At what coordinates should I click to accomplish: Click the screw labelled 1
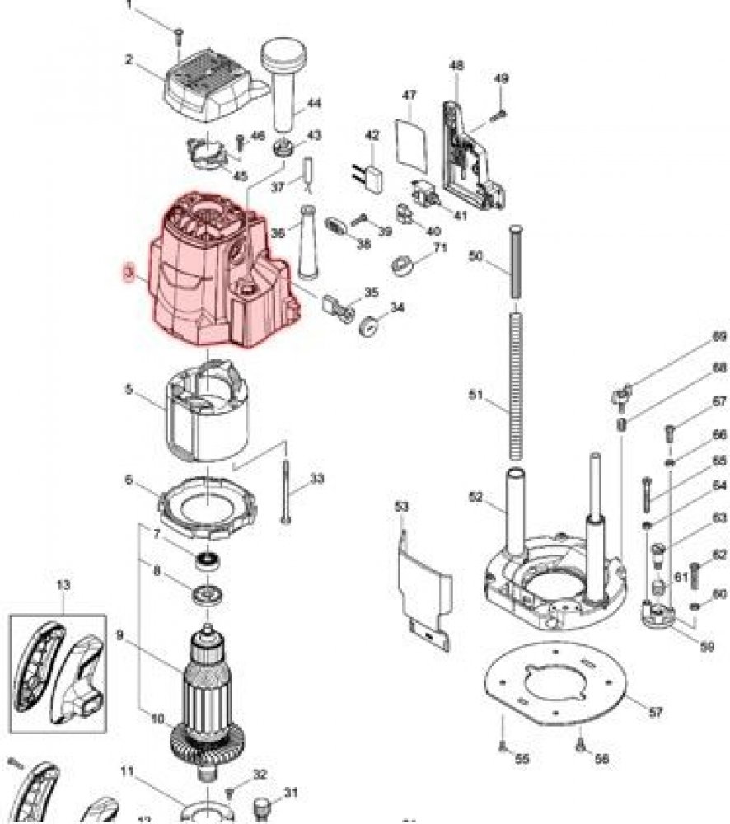coord(177,32)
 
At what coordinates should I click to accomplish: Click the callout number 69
coord(719,336)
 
